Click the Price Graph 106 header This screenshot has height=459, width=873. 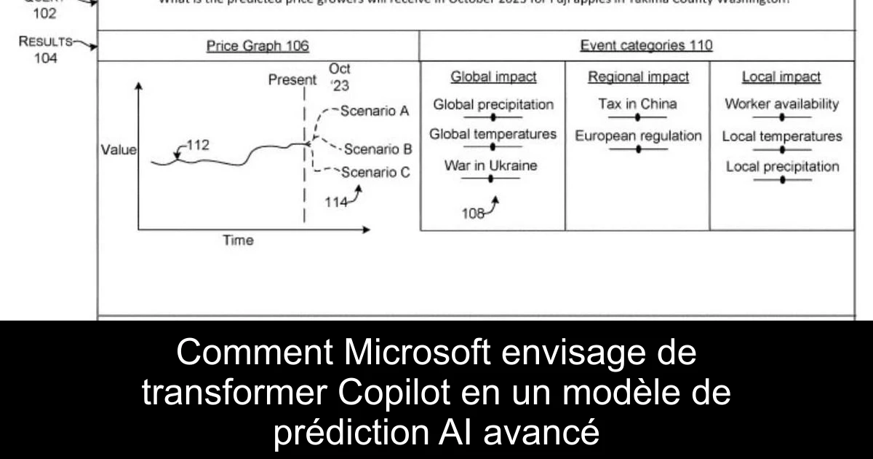(x=258, y=46)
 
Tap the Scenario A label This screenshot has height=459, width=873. (x=374, y=111)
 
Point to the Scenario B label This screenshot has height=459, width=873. (x=378, y=149)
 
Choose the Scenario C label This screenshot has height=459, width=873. (x=375, y=173)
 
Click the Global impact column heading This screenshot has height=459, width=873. (x=493, y=77)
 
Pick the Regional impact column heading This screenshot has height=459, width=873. (x=638, y=77)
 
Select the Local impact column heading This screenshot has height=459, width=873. (x=781, y=77)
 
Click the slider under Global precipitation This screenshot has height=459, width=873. (x=493, y=117)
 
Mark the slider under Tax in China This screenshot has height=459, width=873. (x=638, y=117)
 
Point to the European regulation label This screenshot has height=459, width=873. (x=638, y=136)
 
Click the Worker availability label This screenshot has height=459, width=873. (x=781, y=103)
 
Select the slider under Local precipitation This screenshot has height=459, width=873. (x=782, y=179)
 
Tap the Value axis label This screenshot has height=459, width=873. (x=119, y=150)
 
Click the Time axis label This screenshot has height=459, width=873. (x=238, y=240)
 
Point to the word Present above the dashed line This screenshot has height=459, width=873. (x=292, y=80)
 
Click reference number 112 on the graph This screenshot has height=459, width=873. (x=198, y=145)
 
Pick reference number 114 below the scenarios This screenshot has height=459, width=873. (x=336, y=203)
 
